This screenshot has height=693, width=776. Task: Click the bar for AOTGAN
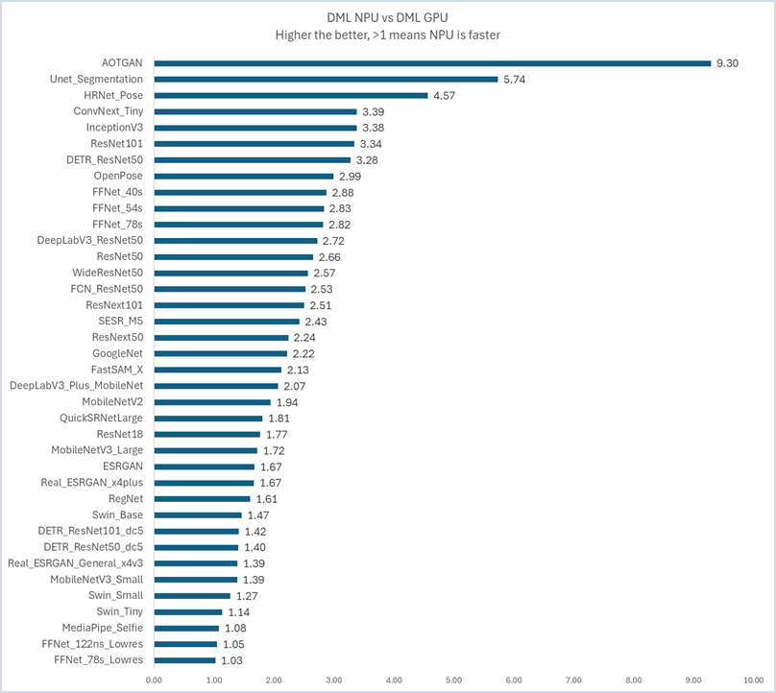point(432,63)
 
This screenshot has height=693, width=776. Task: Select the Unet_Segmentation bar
point(326,80)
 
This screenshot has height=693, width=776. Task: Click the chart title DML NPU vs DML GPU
point(388,16)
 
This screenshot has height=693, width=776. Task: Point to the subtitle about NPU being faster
point(388,35)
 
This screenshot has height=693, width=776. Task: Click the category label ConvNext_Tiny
point(109,111)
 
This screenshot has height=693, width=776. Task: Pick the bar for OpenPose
point(244,177)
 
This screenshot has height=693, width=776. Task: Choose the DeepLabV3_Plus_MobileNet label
point(77,386)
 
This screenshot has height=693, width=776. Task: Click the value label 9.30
point(727,63)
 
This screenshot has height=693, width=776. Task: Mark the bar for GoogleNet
point(220,353)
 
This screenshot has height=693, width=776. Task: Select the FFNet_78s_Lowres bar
point(184,660)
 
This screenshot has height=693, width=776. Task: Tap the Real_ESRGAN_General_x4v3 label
point(75,563)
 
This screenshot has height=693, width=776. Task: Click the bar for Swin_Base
point(198,515)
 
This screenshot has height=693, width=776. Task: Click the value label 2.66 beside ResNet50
point(329,257)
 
